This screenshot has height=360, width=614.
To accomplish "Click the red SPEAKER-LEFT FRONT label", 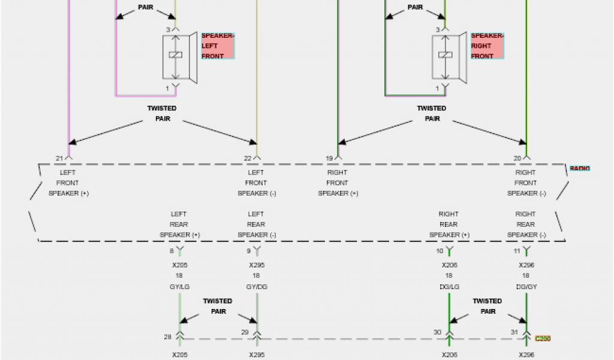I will tap(218, 46).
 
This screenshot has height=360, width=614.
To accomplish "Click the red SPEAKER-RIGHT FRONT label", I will tap(487, 46).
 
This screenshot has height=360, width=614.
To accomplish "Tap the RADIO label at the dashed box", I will tap(579, 169).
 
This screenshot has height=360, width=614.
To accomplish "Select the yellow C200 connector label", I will tap(542, 338).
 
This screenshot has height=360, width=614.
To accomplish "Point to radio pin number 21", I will tap(59, 158).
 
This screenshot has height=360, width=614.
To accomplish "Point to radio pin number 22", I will tap(248, 158).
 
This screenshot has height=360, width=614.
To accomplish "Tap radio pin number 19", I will tap(329, 158).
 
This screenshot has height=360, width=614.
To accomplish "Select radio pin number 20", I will tap(517, 158).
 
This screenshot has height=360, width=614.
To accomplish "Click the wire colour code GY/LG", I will tap(179, 287).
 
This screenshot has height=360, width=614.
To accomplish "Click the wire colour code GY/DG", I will tap(257, 287).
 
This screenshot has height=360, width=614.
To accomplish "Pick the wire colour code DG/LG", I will tap(449, 287).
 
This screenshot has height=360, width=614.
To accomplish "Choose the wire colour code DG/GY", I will tap(526, 287).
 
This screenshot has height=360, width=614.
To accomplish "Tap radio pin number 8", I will tap(171, 251).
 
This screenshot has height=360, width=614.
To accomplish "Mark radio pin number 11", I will tap(517, 251).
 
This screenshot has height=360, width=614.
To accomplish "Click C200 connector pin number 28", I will tap(168, 337).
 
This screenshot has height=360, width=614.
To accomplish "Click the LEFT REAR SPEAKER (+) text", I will tap(179, 224).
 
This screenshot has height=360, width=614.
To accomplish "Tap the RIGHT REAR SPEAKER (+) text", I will tap(449, 224).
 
